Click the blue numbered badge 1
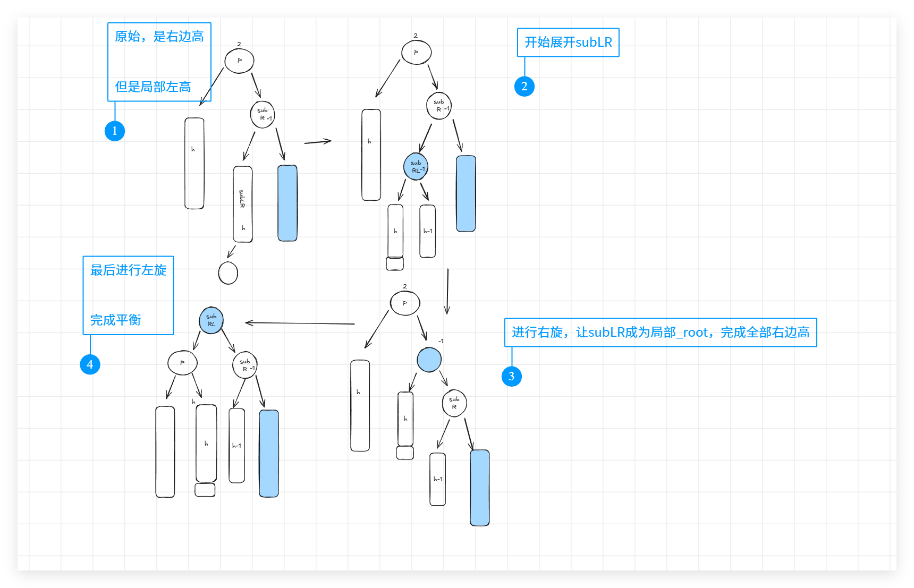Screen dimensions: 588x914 tap(115, 131)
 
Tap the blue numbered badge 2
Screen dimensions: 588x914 tap(524, 87)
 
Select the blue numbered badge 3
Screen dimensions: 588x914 tap(511, 377)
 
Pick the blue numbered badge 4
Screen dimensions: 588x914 tap(90, 364)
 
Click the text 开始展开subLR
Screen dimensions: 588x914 tap(568, 42)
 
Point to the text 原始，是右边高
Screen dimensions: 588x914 tap(159, 37)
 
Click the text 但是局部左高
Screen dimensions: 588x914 tap(153, 87)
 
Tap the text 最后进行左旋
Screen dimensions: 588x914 tap(129, 270)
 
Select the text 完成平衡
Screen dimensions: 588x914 tap(116, 320)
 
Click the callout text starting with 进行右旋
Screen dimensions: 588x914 tap(660, 333)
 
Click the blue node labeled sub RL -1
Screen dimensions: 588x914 tap(416, 167)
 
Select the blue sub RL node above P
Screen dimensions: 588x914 tap(211, 320)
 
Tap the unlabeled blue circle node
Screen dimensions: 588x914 tap(429, 360)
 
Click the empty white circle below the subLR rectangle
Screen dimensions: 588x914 tap(228, 273)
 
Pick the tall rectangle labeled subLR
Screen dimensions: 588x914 tap(243, 204)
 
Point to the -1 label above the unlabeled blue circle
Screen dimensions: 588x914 tap(441, 341)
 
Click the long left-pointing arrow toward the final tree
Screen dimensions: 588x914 tap(300, 323)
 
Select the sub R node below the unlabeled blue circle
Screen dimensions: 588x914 tap(454, 403)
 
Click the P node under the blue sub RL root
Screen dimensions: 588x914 tap(182, 363)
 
